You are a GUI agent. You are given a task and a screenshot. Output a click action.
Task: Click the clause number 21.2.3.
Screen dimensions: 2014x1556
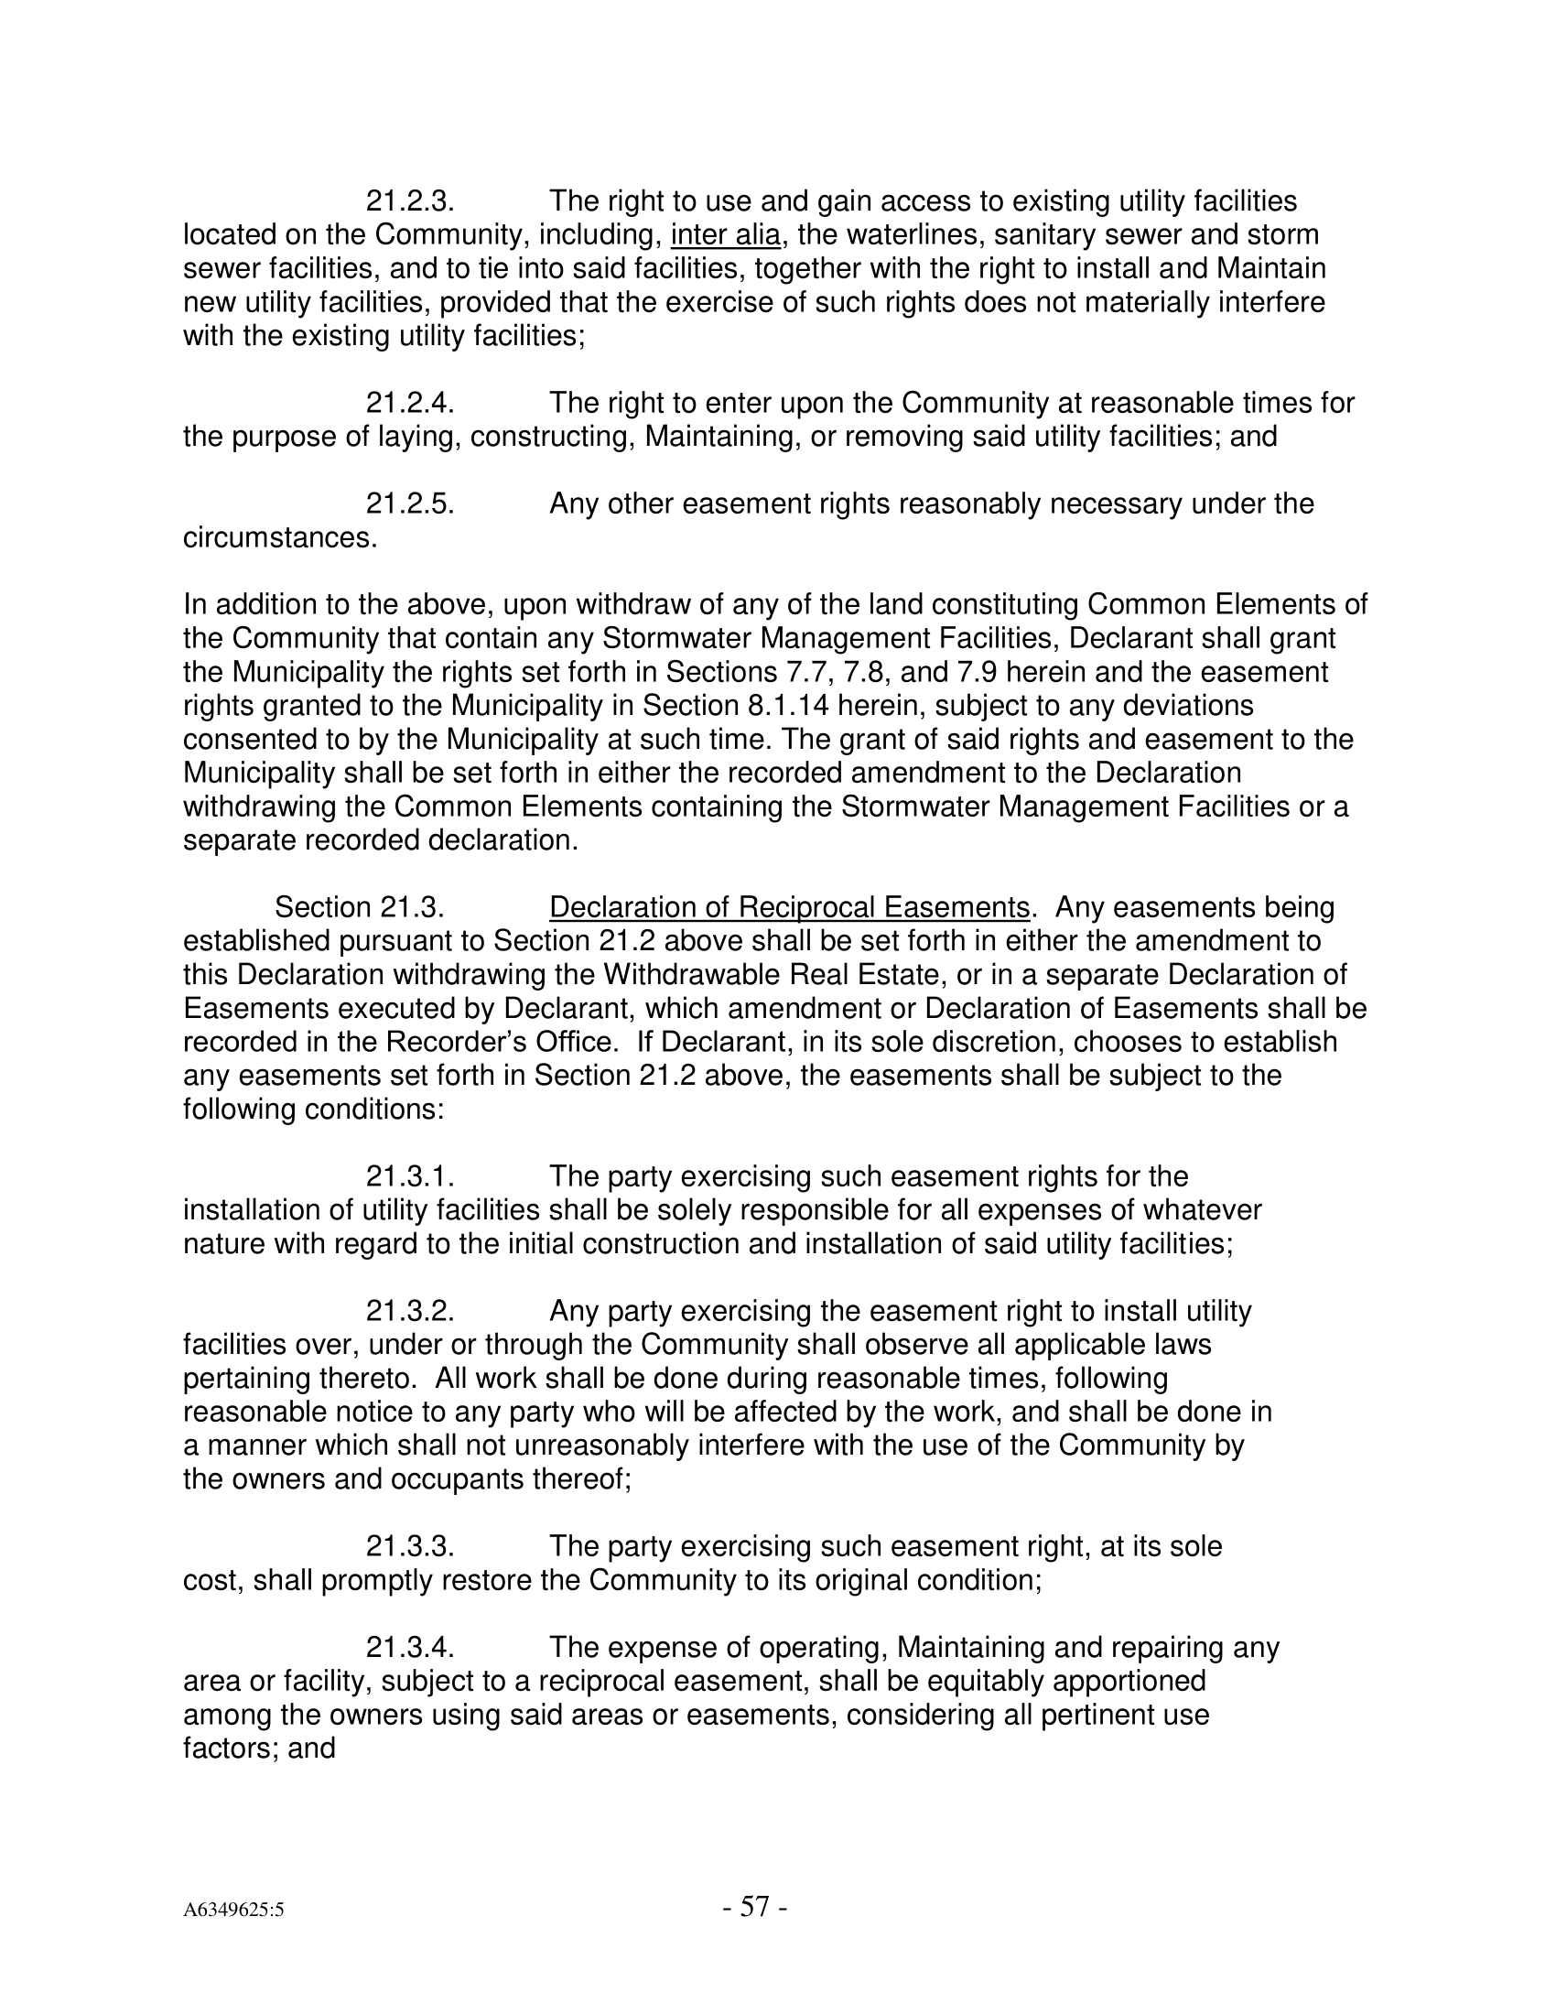click(410, 201)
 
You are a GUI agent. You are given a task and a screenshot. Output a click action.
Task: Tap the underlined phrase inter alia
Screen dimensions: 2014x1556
click(726, 235)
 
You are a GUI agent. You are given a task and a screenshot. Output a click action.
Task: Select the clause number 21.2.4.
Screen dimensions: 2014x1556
click(410, 403)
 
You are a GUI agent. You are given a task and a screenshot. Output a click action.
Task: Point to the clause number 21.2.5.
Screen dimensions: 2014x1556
click(410, 503)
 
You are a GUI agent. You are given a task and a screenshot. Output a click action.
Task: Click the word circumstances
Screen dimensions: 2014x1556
click(280, 537)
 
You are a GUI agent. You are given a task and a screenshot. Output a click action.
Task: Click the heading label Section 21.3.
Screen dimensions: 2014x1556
click(361, 907)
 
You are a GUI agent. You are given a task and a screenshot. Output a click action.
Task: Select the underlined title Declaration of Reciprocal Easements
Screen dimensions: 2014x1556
click(789, 907)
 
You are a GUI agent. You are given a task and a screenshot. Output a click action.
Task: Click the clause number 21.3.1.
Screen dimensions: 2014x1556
click(410, 1176)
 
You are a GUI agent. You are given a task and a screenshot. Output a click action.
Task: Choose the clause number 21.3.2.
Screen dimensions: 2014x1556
click(410, 1311)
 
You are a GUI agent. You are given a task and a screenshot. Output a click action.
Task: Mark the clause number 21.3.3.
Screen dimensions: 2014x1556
click(410, 1546)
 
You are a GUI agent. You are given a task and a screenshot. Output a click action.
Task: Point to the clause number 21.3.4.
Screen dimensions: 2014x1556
click(410, 1648)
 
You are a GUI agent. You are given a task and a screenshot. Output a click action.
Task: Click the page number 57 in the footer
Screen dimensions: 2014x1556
click(755, 1906)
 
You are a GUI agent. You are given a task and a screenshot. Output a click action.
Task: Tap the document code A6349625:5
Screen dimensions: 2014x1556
click(233, 1910)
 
